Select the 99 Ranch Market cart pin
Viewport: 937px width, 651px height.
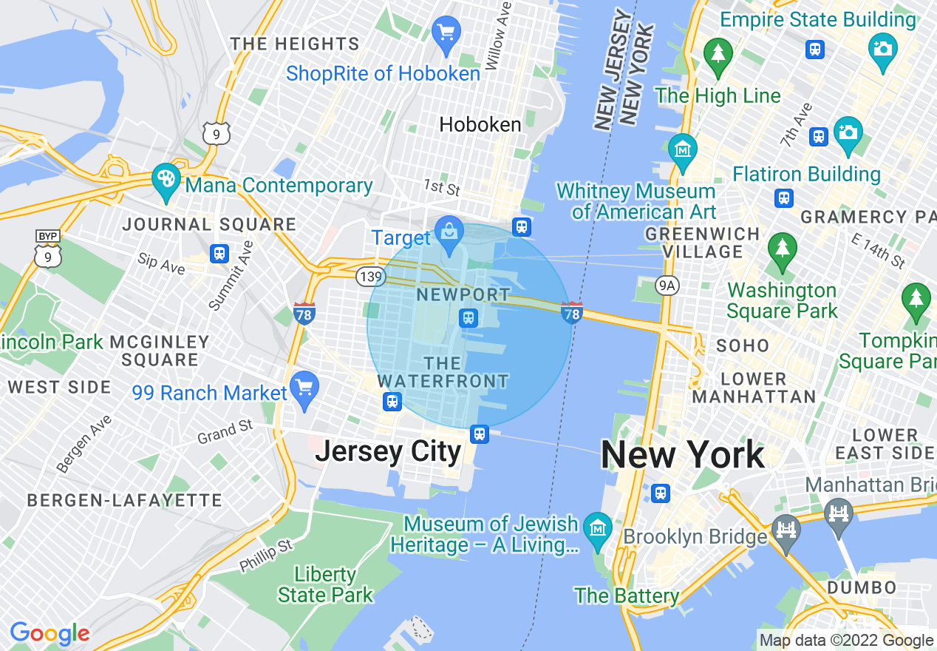point(304,389)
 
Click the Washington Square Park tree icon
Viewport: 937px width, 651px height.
point(782,250)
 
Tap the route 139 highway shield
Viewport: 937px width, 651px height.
point(369,277)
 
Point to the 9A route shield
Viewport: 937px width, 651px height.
point(667,285)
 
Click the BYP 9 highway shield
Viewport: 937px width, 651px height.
point(48,248)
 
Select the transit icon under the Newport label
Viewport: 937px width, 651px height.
point(468,318)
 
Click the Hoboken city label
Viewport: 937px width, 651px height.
point(480,124)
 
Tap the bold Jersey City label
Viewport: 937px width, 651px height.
point(388,451)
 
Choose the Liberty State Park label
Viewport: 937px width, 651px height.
point(325,584)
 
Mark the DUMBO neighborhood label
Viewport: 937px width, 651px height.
point(862,588)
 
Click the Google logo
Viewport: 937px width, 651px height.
point(50,633)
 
